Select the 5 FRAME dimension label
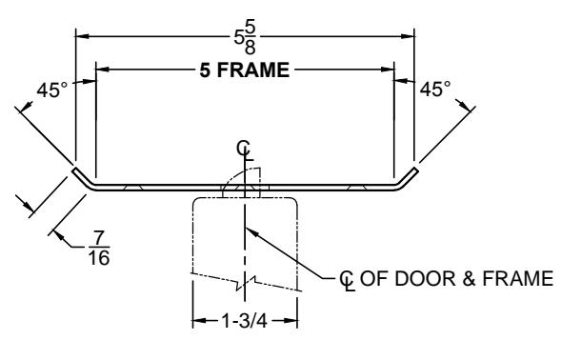[245, 70]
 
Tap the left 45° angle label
[51, 90]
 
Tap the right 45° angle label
[435, 89]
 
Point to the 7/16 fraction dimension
[99, 248]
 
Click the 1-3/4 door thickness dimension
[245, 321]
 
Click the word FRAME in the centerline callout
[518, 278]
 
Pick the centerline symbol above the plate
[245, 150]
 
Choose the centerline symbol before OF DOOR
[347, 281]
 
